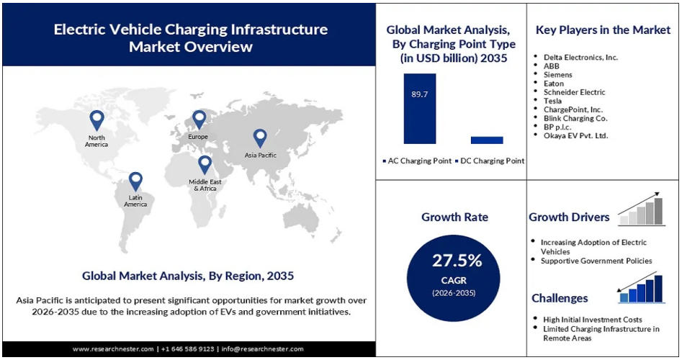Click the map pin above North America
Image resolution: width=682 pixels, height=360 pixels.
(97, 120)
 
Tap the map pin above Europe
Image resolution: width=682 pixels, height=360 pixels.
(199, 119)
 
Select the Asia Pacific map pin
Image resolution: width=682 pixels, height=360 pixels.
(260, 137)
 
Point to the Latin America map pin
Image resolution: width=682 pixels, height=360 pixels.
(135, 181)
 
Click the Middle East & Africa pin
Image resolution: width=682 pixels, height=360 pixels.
(205, 164)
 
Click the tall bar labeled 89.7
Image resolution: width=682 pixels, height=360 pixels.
(420, 108)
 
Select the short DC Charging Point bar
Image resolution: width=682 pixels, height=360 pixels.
(487, 140)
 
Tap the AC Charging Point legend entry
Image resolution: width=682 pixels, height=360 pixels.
(416, 161)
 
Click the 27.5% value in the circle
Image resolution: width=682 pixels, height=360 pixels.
(457, 260)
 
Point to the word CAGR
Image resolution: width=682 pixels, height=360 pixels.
(457, 279)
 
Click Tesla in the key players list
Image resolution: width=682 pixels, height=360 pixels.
(553, 101)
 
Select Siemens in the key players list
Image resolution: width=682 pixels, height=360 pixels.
(558, 74)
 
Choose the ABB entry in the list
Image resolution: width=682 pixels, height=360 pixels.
(552, 66)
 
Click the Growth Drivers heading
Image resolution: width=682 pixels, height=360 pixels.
(569, 217)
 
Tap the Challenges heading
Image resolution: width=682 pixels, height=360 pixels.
(560, 298)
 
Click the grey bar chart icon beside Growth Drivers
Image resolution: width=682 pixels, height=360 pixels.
(642, 207)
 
